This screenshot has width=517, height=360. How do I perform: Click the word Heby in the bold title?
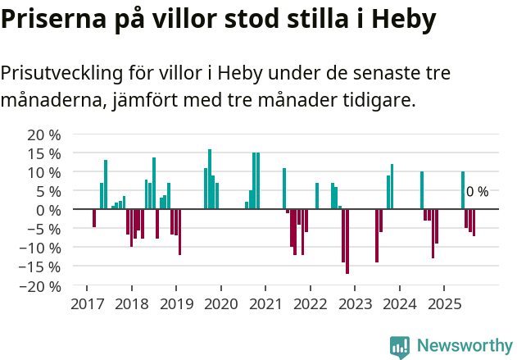(404, 21)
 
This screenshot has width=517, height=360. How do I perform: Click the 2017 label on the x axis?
(87, 304)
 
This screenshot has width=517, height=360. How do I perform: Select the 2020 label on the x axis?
(220, 304)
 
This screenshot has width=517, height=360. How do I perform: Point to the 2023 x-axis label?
(354, 304)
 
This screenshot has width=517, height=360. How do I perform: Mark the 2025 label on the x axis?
(443, 304)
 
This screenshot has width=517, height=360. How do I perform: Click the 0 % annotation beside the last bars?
(477, 192)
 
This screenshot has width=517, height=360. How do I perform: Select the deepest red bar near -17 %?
(347, 241)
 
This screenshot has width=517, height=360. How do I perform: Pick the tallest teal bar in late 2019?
(210, 179)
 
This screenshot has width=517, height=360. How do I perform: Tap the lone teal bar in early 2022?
(317, 196)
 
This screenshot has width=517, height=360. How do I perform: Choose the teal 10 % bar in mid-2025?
(463, 190)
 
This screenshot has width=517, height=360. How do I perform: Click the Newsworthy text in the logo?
(465, 346)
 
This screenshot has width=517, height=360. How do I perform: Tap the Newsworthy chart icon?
(400, 347)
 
